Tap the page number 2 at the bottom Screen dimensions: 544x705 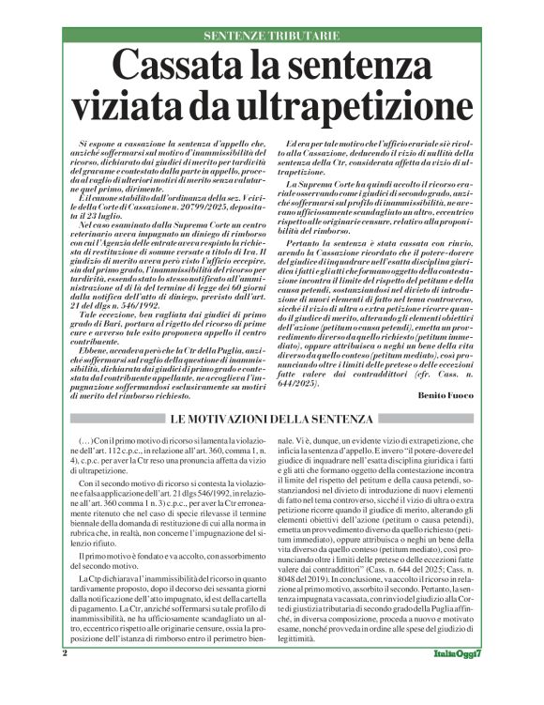coord(65,679)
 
